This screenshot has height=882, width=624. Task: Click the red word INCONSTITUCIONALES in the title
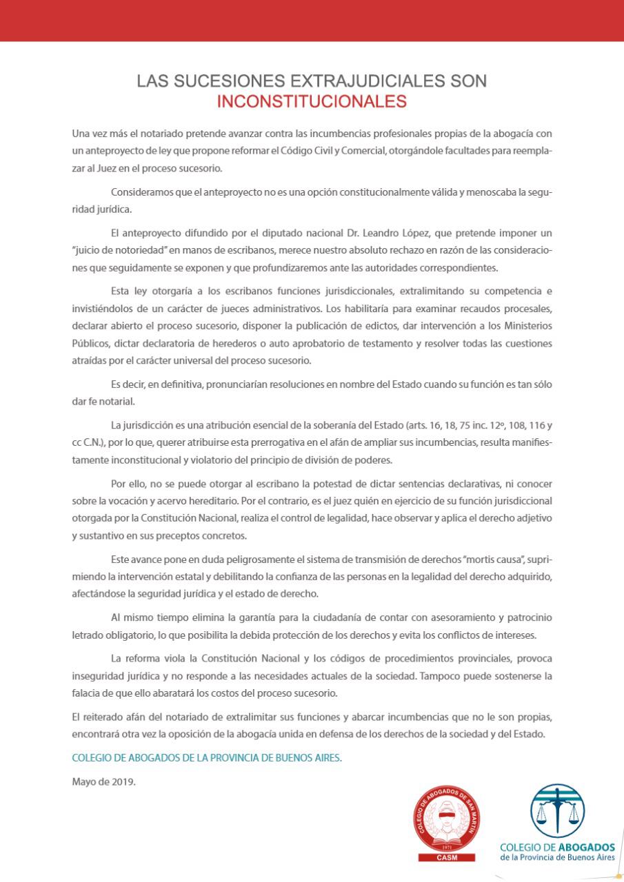pyautogui.click(x=312, y=102)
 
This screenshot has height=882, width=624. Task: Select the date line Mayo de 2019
pyautogui.click(x=103, y=781)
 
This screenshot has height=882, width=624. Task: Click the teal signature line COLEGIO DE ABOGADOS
pyautogui.click(x=207, y=758)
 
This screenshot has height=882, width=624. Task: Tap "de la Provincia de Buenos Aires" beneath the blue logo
pyautogui.click(x=558, y=857)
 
